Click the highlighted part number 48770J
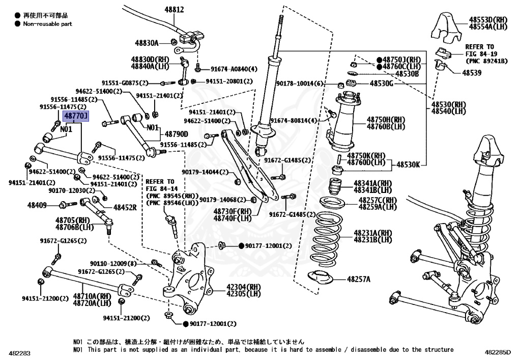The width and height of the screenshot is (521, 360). (75, 117)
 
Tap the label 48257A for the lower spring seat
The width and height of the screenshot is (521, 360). (359, 279)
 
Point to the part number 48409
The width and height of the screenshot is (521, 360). (37, 205)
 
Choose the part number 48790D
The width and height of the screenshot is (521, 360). (176, 134)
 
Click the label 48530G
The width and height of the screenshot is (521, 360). (381, 83)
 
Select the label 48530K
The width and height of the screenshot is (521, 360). (409, 164)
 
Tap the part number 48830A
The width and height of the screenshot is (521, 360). (147, 43)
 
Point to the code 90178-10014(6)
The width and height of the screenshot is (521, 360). (300, 84)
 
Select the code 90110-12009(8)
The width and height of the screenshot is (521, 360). (113, 263)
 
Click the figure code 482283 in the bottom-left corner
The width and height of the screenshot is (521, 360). (19, 352)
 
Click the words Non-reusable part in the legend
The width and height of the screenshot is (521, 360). (47, 23)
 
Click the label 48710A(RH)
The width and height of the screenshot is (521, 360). (92, 296)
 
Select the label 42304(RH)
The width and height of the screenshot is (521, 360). (236, 287)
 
